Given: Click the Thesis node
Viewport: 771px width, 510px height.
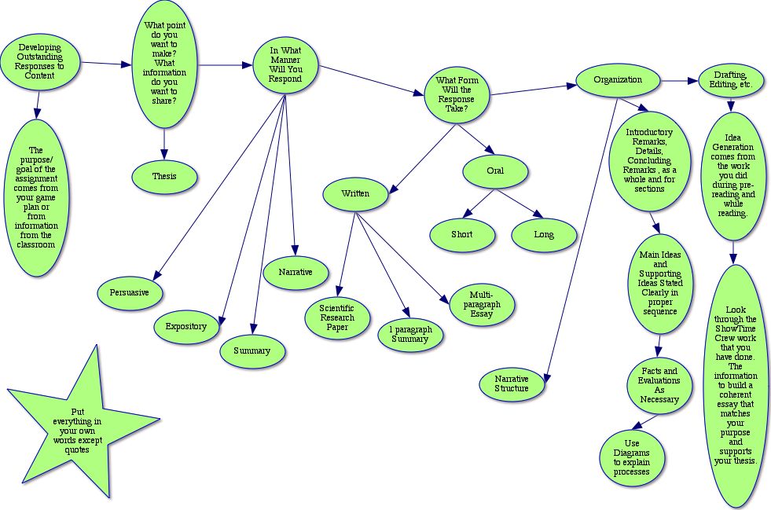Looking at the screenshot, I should (164, 177).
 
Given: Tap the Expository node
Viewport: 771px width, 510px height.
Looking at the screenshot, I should (185, 326).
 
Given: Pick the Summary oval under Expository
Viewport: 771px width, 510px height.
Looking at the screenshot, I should (251, 350).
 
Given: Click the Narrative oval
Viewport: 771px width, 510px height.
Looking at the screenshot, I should (295, 272).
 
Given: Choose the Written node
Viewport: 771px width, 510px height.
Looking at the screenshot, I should (355, 193).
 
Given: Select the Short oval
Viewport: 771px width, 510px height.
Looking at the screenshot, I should (462, 234).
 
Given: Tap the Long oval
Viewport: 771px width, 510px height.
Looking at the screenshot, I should (544, 234).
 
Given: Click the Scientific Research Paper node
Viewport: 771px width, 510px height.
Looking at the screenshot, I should (337, 317).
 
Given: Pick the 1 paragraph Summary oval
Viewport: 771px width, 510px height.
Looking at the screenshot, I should (409, 333).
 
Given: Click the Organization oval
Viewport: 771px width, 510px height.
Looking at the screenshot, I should (618, 80).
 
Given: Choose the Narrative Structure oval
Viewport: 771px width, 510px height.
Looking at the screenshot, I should (512, 383).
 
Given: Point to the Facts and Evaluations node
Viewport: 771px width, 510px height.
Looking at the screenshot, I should (659, 385).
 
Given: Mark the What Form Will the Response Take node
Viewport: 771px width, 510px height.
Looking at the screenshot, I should (456, 94).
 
